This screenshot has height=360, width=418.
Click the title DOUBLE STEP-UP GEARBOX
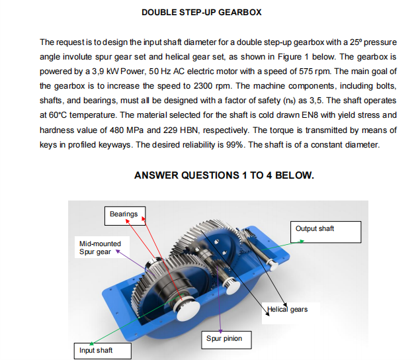tap(202, 12)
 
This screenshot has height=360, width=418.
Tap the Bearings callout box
tap(124, 214)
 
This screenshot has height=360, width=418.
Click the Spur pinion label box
tap(224, 339)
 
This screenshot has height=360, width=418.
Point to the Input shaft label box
tap(97, 350)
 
